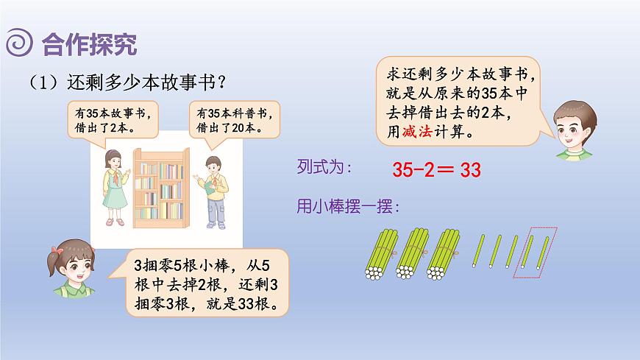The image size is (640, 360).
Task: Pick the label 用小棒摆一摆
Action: (x=347, y=208)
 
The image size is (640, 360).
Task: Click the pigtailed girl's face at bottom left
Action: (x=72, y=265)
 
